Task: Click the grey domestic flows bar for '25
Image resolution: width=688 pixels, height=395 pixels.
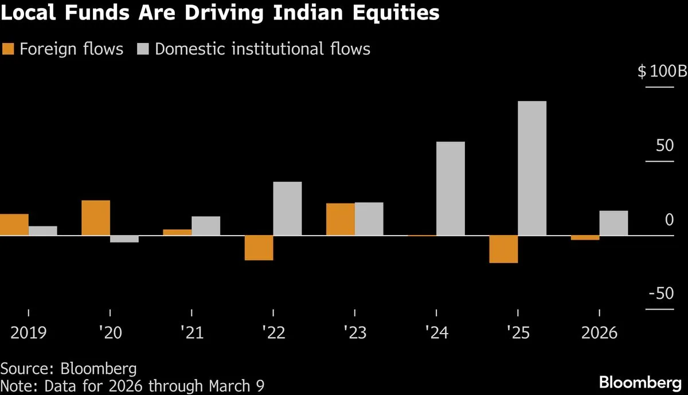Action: pyautogui.click(x=532, y=168)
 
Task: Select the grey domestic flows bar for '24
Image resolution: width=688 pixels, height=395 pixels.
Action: pyautogui.click(x=450, y=189)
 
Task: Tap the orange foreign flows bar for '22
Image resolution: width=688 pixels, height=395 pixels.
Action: pyautogui.click(x=259, y=248)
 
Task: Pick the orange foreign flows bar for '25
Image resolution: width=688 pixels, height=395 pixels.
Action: pyautogui.click(x=503, y=249)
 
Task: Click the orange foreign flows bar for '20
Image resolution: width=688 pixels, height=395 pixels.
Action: pyautogui.click(x=96, y=218)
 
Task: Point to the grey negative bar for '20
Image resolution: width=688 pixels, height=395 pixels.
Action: pyautogui.click(x=124, y=239)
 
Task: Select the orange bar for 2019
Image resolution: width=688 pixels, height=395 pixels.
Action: pyautogui.click(x=14, y=225)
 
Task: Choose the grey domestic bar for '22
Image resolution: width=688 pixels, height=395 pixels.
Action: pyautogui.click(x=287, y=209)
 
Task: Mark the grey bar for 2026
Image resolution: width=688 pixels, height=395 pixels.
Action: pyautogui.click(x=613, y=223)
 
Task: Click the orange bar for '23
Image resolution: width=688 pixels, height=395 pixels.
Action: pyautogui.click(x=341, y=219)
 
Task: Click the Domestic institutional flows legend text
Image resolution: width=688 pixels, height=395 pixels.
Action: pyautogui.click(x=263, y=49)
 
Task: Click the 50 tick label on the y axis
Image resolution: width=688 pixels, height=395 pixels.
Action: pyautogui.click(x=665, y=146)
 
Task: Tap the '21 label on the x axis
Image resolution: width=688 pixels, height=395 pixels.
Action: pyautogui.click(x=191, y=333)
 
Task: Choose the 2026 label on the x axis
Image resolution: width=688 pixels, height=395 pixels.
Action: pyautogui.click(x=599, y=333)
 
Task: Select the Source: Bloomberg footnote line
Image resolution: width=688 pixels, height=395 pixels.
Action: pyautogui.click(x=69, y=367)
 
